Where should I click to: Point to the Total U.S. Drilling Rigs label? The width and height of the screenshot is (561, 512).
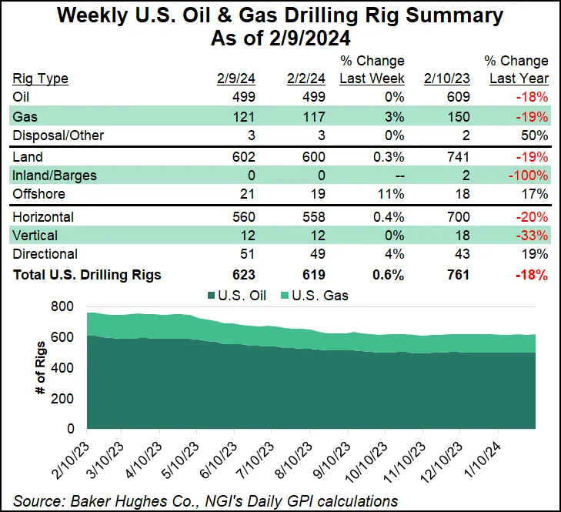click(87, 275)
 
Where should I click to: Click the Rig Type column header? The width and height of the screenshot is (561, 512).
click(41, 78)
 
